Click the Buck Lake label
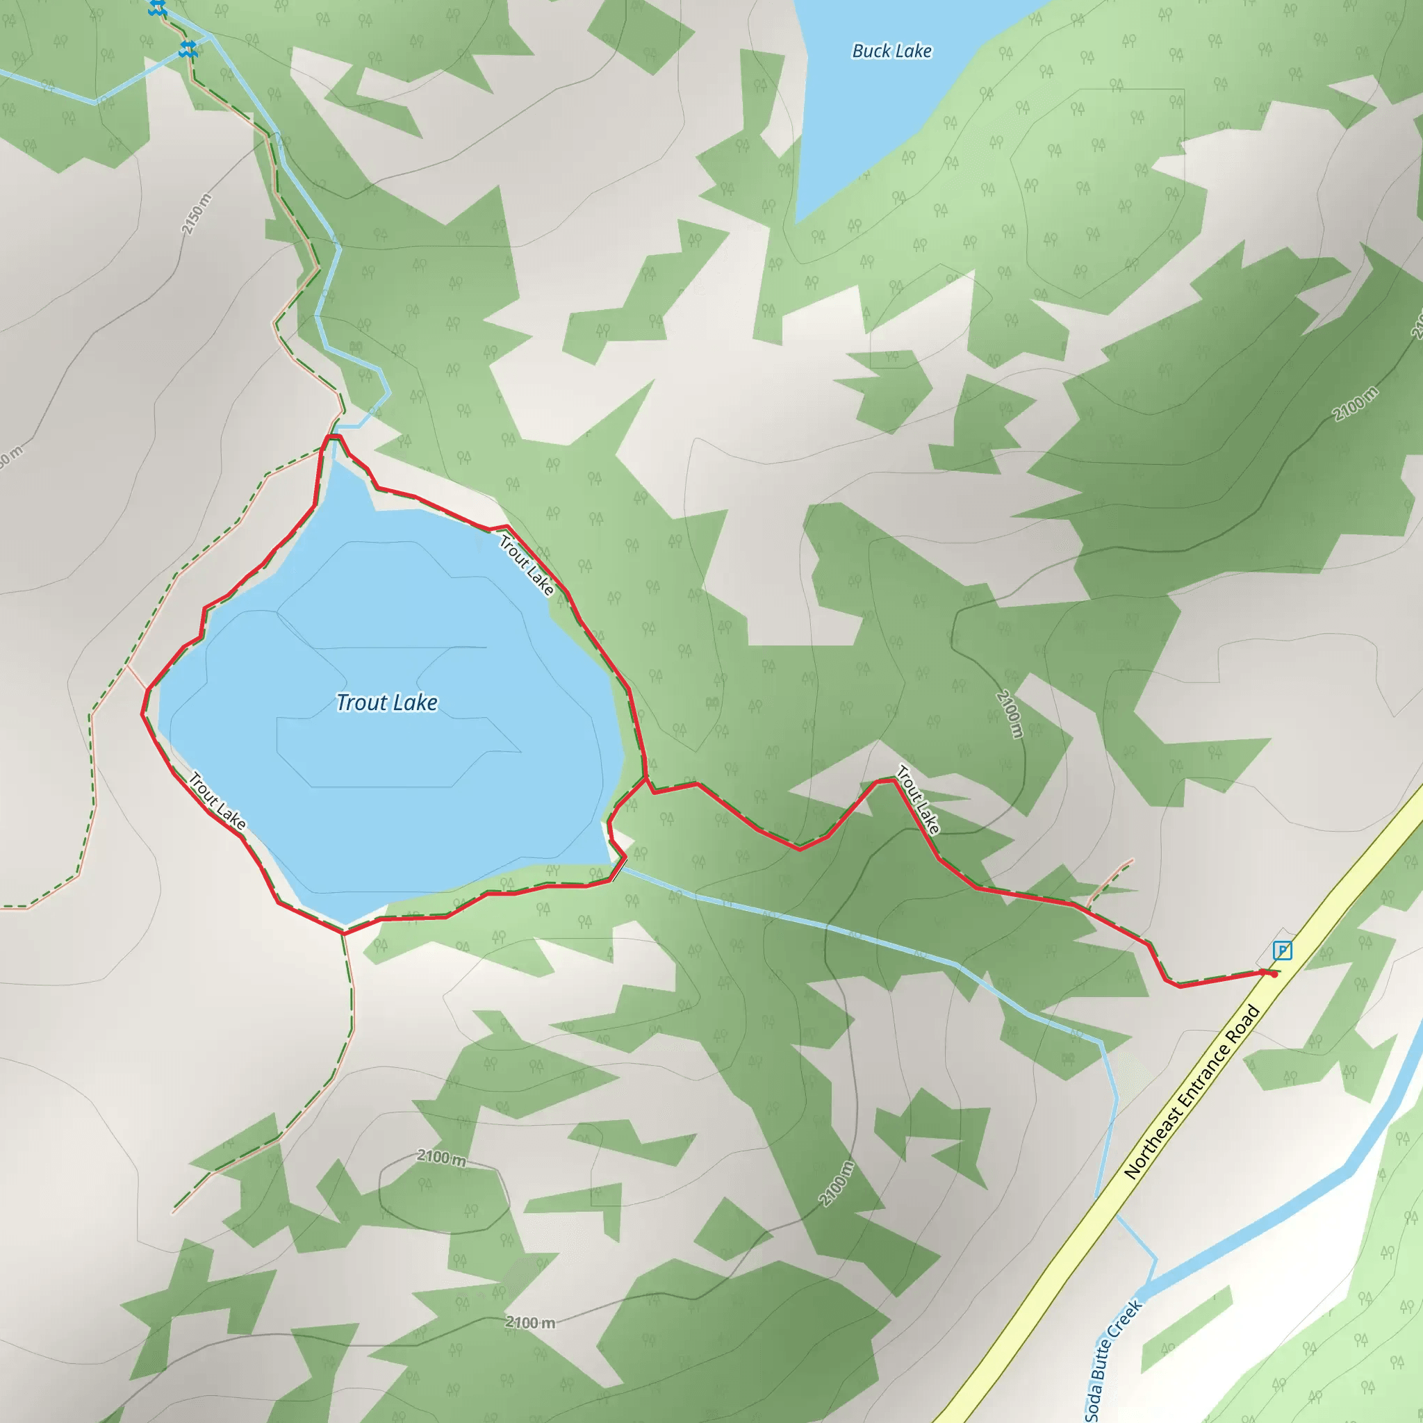pyautogui.click(x=891, y=51)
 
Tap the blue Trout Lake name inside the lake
pyautogui.click(x=387, y=702)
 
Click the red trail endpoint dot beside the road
pyautogui.click(x=1274, y=974)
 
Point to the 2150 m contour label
pyautogui.click(x=197, y=214)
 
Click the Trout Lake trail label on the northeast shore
pyautogui.click(x=527, y=565)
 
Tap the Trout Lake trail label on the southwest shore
pyautogui.click(x=217, y=800)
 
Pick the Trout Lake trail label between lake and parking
pyautogui.click(x=918, y=800)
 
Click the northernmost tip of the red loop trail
pyautogui.click(x=332, y=437)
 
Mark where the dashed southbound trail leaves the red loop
pyautogui.click(x=343, y=933)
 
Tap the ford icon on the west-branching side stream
pyautogui.click(x=188, y=50)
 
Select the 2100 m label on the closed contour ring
pyautogui.click(x=441, y=1157)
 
